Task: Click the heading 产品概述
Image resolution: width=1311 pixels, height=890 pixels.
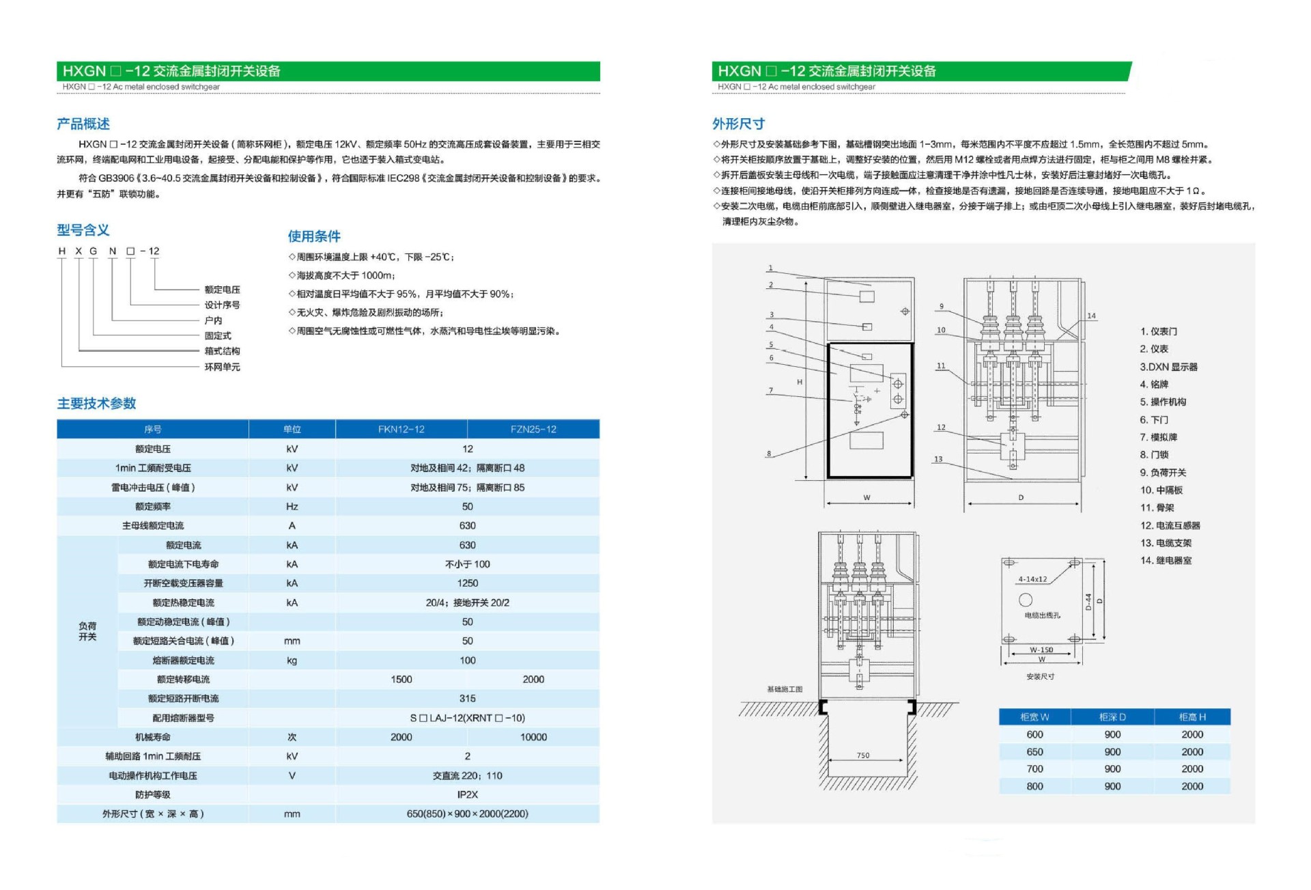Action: [83, 124]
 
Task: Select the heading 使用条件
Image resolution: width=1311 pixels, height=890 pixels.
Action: [314, 236]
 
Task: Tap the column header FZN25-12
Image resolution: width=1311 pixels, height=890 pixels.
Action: [533, 429]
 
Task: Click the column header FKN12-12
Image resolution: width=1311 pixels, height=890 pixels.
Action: [401, 429]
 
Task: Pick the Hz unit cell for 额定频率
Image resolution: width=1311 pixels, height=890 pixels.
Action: [292, 506]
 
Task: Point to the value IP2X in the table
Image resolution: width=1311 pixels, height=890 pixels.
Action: [467, 794]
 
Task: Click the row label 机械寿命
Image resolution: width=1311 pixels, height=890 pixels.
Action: [152, 737]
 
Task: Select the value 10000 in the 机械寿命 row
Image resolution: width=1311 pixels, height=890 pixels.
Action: [533, 737]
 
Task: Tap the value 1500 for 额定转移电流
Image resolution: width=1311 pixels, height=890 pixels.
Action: [401, 679]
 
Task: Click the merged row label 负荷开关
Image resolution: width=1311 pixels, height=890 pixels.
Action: [87, 631]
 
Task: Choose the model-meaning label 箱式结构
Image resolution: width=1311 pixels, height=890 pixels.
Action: [222, 351]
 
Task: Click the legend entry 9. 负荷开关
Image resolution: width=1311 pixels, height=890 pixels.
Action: [1163, 472]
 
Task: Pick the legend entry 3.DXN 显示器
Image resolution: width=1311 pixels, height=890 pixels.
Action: [1168, 367]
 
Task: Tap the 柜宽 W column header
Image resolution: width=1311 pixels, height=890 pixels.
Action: [1034, 717]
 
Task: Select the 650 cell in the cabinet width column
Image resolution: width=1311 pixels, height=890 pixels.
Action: [1034, 751]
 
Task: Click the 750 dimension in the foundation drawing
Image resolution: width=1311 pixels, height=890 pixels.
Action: [863, 755]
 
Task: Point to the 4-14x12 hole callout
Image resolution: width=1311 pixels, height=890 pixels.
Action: [1032, 579]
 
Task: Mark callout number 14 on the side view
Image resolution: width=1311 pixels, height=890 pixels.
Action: [1091, 316]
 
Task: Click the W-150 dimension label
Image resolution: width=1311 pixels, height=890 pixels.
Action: [1041, 650]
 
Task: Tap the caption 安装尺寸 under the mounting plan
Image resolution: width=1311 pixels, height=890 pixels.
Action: [1040, 676]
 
